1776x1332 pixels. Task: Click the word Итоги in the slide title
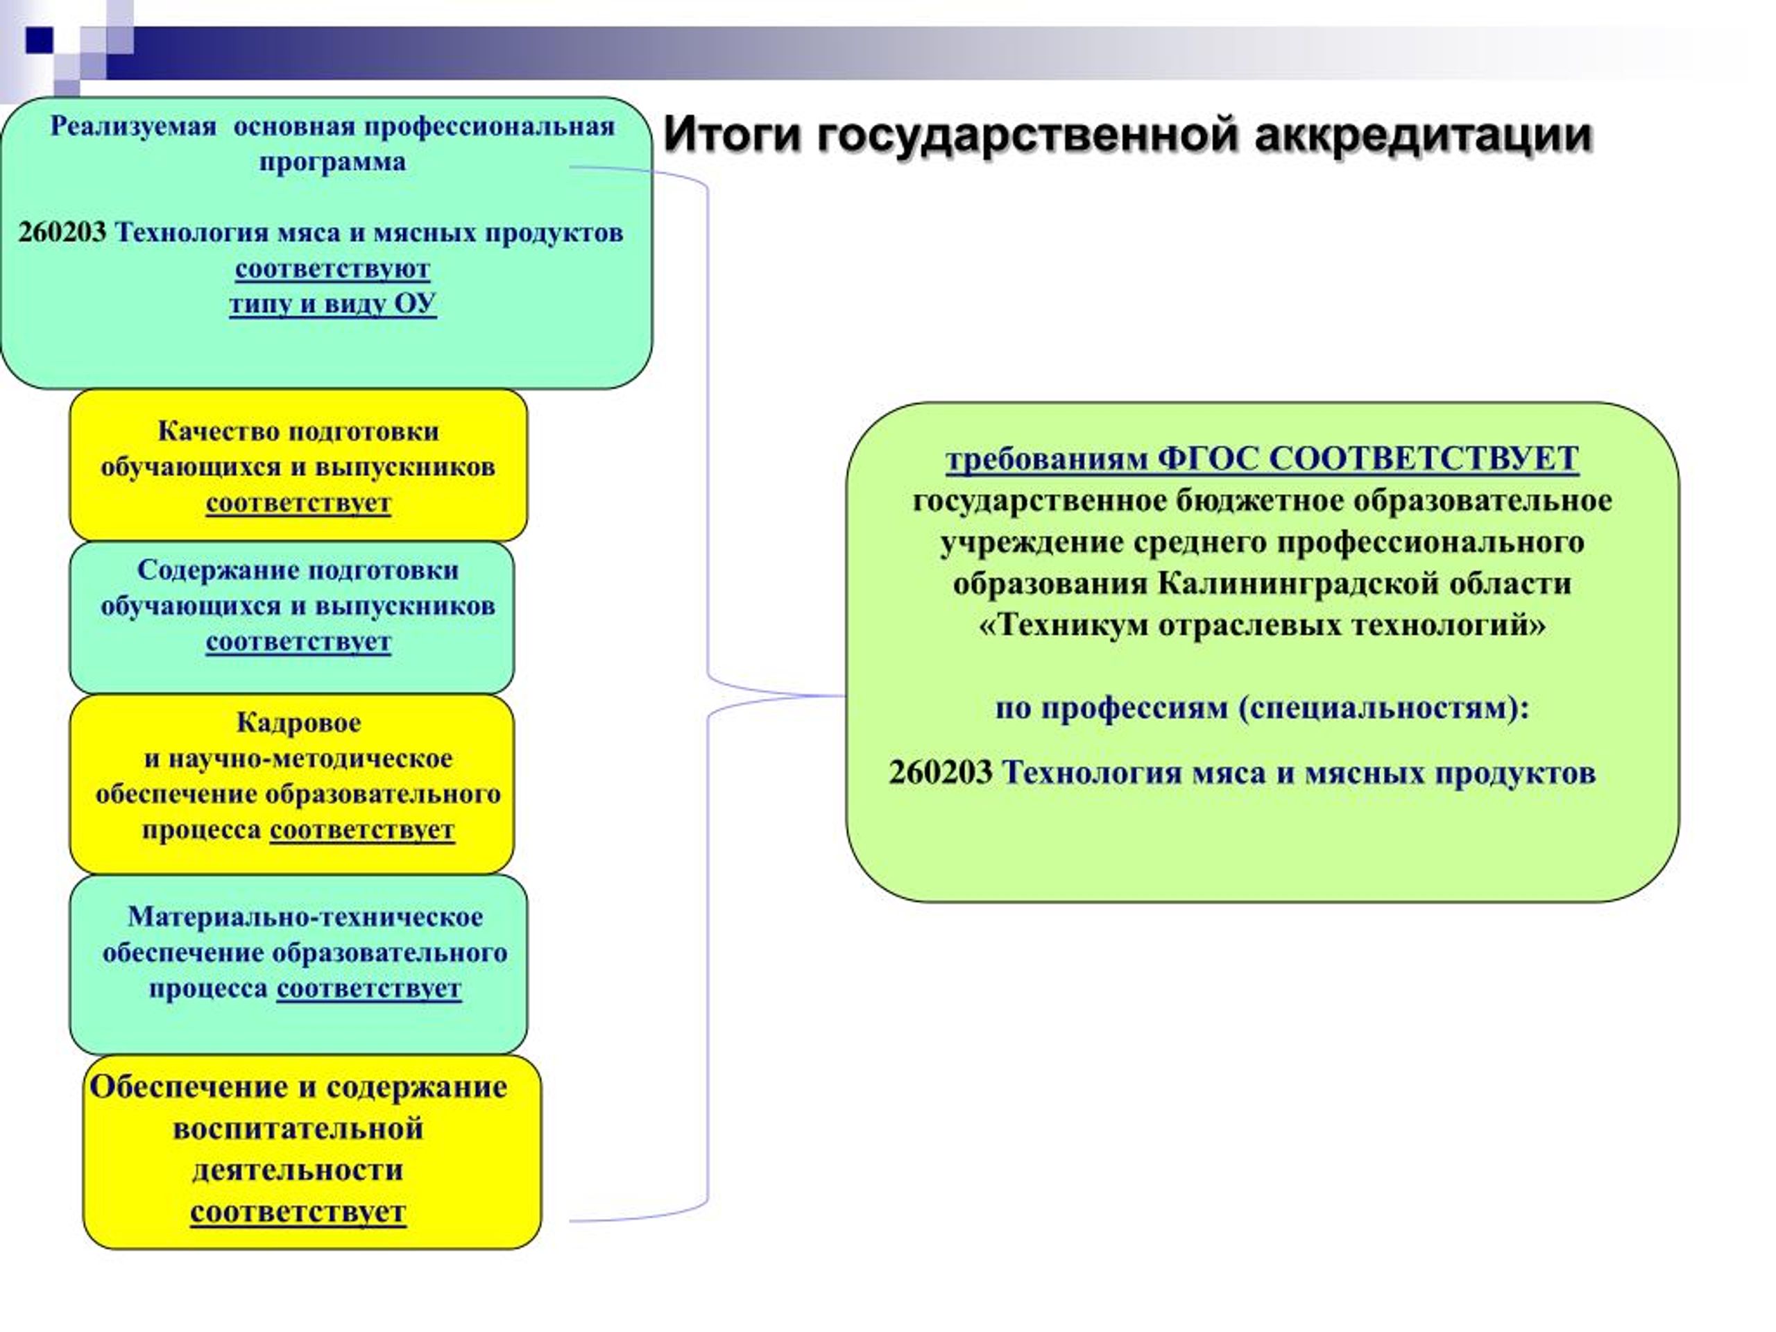point(733,134)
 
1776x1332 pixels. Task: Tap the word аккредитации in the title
point(1422,134)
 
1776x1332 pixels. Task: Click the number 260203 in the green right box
point(941,772)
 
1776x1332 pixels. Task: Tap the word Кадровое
point(299,723)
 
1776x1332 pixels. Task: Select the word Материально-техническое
point(305,917)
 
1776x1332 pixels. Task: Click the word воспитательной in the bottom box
point(298,1129)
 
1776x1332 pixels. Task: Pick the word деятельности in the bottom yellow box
point(298,1170)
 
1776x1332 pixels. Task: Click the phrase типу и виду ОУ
point(332,305)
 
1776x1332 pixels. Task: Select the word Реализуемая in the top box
point(133,127)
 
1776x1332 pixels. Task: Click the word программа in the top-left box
point(332,162)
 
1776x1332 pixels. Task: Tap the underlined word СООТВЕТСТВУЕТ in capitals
point(1424,459)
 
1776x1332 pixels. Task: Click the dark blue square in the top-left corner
point(39,40)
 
